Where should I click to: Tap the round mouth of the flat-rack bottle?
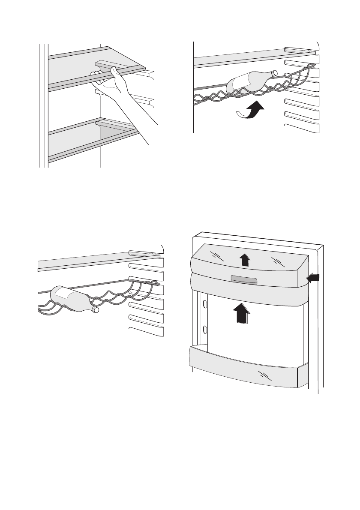tap(96, 309)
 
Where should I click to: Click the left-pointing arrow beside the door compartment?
tap(314, 279)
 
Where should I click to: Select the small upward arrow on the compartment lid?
tap(243, 260)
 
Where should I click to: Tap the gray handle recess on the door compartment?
tap(243, 280)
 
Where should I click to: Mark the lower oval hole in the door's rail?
tap(205, 330)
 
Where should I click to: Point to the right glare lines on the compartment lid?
tap(276, 261)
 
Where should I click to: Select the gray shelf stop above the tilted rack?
tap(298, 51)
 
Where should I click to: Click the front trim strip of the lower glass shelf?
tap(94, 146)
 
